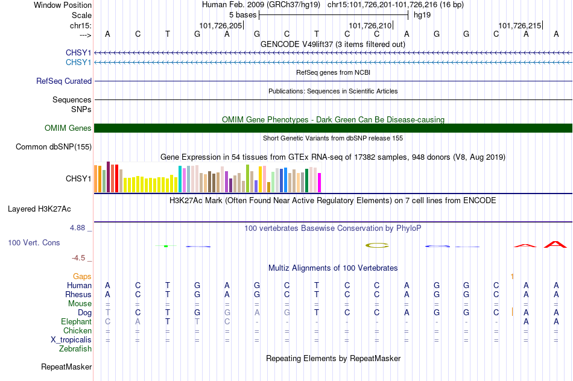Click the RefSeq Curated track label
pyautogui.click(x=64, y=81)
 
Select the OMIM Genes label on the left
pyautogui.click(x=68, y=128)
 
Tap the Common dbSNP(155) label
pyautogui.click(x=54, y=147)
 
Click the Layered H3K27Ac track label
pyautogui.click(x=39, y=209)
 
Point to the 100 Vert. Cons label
pyautogui.click(x=34, y=242)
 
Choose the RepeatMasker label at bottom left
pyautogui.click(x=66, y=367)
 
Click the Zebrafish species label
pyautogui.click(x=75, y=349)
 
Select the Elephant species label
pyautogui.click(x=77, y=322)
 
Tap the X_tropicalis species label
pyautogui.click(x=71, y=340)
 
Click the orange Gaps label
pyautogui.click(x=82, y=277)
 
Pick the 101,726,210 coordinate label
pyautogui.click(x=370, y=25)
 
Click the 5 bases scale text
pyautogui.click(x=243, y=15)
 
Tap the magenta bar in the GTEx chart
pyautogui.click(x=320, y=183)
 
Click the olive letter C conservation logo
pyautogui.click(x=377, y=245)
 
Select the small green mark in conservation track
pyautogui.click(x=166, y=246)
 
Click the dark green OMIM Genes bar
pyautogui.click(x=334, y=128)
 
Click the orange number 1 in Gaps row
pyautogui.click(x=512, y=277)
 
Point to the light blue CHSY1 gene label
pyautogui.click(x=78, y=63)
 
